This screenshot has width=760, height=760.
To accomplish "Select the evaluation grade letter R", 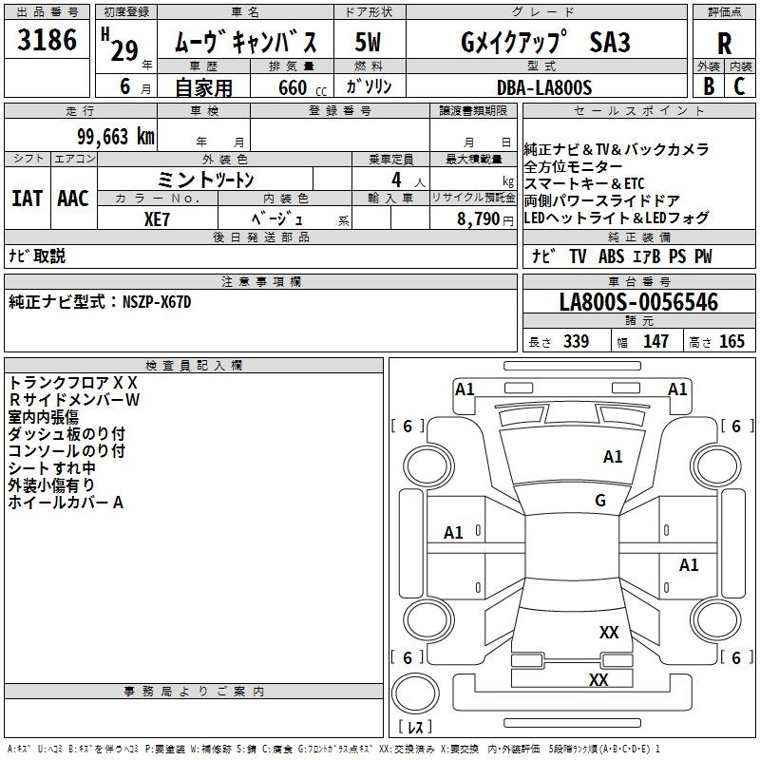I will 724,44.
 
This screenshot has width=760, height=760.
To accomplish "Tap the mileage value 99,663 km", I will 114,136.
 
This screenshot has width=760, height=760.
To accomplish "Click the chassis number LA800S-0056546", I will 638,302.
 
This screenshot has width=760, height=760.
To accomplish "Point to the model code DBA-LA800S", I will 546,87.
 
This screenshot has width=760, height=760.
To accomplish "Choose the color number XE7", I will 158,218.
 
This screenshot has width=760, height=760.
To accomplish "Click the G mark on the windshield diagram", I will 599,500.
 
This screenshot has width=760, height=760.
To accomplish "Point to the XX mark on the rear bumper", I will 598,679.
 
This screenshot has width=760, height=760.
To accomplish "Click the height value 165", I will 731,342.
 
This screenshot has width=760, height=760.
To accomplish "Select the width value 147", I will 655,342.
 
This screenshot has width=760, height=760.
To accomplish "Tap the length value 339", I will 576,342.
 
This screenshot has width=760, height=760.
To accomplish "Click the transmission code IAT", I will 27,199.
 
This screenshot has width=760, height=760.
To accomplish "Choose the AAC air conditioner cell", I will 73,199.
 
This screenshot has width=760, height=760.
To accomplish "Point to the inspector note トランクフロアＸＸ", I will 73,383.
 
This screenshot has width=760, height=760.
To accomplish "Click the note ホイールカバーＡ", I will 66,503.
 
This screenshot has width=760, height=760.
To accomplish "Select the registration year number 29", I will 124,49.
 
